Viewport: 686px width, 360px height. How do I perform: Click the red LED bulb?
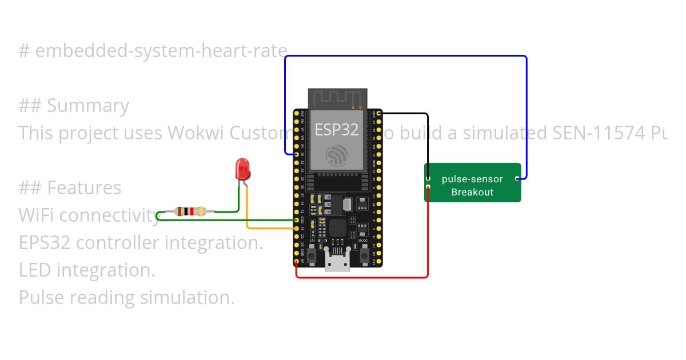coord(242,169)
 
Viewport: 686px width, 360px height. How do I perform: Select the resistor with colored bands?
coord(190,211)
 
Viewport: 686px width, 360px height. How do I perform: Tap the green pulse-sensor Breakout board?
coord(472,183)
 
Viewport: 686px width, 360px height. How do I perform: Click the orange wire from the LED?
coord(247,211)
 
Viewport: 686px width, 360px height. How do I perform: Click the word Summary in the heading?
coord(88,106)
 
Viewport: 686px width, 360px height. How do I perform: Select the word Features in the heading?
coord(84,187)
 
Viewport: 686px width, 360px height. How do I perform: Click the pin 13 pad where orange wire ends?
coord(296,228)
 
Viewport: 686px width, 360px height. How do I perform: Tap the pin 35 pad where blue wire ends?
coord(296,154)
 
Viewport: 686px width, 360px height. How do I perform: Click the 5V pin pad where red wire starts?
coord(296,262)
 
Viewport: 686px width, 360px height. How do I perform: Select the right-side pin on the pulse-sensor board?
coord(517,179)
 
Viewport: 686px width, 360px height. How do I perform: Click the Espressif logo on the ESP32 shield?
coord(336,155)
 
